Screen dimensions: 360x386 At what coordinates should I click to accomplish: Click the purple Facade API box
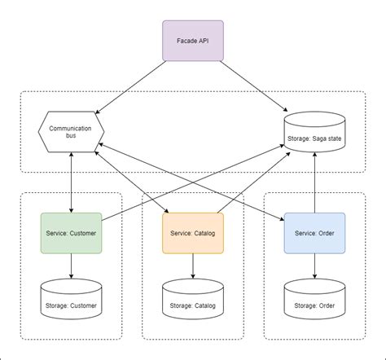tap(193, 41)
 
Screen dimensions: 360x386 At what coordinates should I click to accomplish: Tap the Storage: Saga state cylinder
tap(314, 130)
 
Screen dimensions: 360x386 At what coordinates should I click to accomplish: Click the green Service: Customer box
tap(72, 232)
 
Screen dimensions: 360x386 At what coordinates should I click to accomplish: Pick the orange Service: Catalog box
tap(193, 232)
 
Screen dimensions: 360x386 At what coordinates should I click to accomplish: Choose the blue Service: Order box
tap(314, 232)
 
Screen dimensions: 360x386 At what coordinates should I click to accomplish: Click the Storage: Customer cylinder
tap(72, 299)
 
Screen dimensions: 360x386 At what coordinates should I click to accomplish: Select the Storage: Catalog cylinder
tap(193, 299)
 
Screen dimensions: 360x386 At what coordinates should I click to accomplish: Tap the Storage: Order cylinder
tap(314, 299)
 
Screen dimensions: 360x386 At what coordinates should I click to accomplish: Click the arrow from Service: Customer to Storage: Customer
tap(72, 265)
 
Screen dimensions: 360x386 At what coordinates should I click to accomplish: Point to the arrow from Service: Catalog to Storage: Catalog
tap(193, 265)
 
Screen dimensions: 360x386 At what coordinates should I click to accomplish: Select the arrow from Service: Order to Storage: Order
tap(314, 265)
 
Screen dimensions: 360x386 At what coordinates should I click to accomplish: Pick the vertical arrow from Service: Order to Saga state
tap(314, 183)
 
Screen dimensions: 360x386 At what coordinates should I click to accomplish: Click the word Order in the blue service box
tap(327, 232)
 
